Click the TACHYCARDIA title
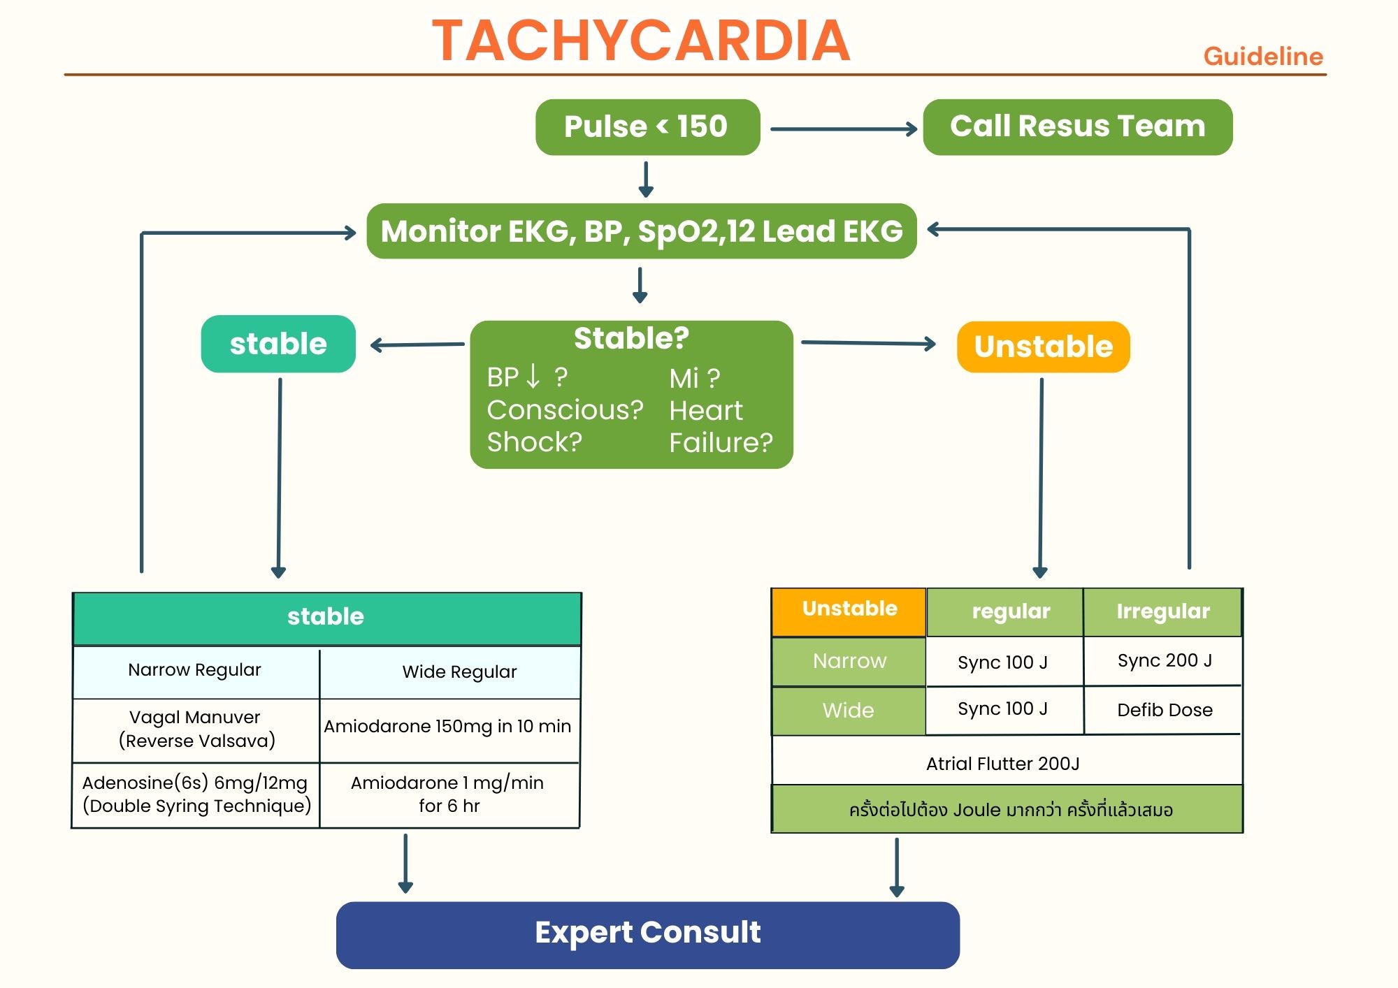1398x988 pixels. [641, 41]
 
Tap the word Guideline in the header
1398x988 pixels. [1262, 57]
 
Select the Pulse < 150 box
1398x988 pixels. [647, 127]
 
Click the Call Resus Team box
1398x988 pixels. [1077, 127]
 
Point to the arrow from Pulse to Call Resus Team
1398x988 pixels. [843, 129]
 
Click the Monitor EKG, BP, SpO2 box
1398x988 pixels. [641, 231]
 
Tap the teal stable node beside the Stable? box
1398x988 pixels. [278, 344]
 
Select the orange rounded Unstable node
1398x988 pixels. [1043, 347]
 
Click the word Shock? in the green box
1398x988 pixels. [534, 442]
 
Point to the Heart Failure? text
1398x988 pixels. [720, 426]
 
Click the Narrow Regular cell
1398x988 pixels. [195, 670]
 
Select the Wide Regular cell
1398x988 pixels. [459, 672]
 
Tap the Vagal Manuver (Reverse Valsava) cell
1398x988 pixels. [196, 729]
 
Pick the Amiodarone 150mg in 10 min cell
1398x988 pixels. [447, 727]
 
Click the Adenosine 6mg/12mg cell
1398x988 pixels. [196, 794]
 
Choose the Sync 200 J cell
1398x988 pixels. [1164, 660]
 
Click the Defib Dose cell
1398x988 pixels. [1164, 710]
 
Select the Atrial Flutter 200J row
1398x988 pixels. [1003, 764]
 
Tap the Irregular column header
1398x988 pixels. [1162, 611]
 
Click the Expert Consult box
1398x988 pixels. [647, 933]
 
